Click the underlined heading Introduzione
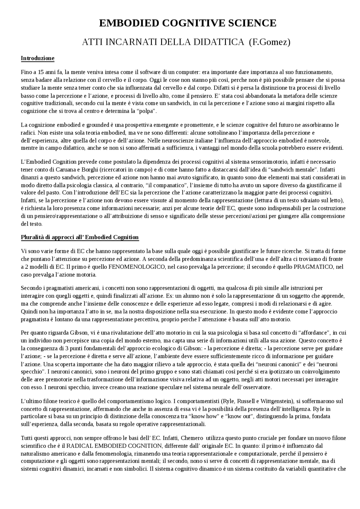pyautogui.click(x=37, y=58)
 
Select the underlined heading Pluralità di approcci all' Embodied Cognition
pyautogui.click(x=80, y=237)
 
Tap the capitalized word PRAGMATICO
pyautogui.click(x=313, y=267)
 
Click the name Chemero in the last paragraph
pyautogui.click(x=192, y=438)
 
